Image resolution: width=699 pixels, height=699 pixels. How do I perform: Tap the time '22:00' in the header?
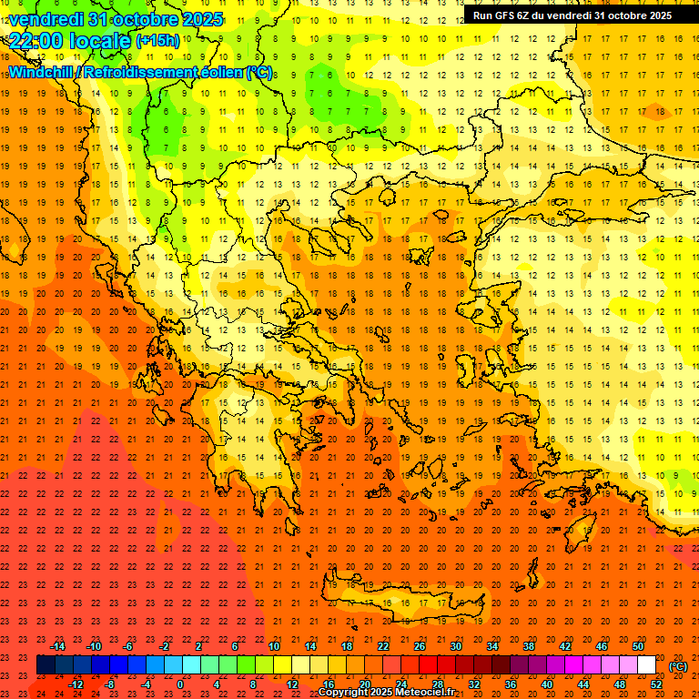click(35, 40)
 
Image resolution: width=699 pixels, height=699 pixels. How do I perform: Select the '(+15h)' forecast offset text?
click(157, 41)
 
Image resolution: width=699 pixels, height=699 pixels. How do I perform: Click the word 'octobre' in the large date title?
click(135, 18)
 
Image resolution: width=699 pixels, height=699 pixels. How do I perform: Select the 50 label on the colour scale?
click(638, 646)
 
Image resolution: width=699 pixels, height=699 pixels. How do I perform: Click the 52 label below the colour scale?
click(656, 684)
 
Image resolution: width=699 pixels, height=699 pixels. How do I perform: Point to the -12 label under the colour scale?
click(76, 684)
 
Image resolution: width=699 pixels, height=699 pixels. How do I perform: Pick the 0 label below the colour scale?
click(180, 684)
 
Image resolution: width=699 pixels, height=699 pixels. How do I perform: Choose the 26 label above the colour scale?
click(420, 646)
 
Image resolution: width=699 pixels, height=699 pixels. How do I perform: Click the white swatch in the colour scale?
click(647, 665)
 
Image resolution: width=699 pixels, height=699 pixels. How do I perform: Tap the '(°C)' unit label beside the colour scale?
click(678, 666)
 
